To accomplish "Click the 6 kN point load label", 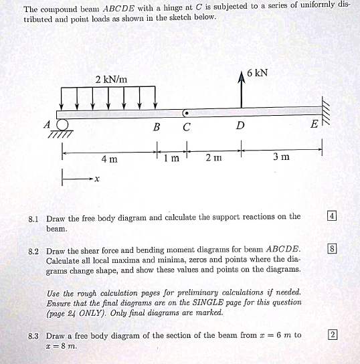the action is click(257, 72).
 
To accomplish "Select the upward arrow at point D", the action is click(242, 90).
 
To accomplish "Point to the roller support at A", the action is click(63, 125).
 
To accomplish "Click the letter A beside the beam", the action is click(47, 124).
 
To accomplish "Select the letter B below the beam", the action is click(157, 126).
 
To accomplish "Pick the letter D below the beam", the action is click(240, 126).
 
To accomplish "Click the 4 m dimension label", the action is click(109, 159).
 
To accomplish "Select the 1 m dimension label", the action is click(172, 159).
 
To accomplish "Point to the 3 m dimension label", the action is click(282, 157).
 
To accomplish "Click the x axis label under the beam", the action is click(97, 179).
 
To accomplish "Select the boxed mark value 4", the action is click(332, 215).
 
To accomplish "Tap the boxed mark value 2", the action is click(332, 335).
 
